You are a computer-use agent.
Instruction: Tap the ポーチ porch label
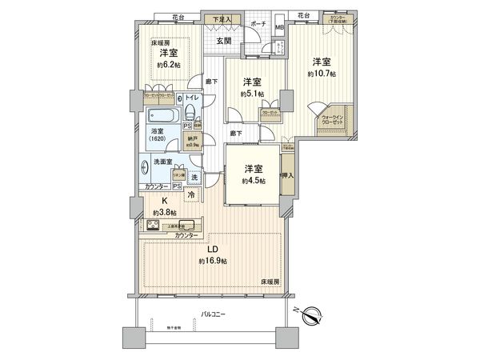pyautogui.click(x=258, y=25)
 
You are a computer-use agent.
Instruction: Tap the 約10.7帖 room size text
pyautogui.click(x=322, y=74)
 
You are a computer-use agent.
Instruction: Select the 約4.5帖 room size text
pyautogui.click(x=254, y=181)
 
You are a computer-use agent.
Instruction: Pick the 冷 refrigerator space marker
pyautogui.click(x=192, y=194)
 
